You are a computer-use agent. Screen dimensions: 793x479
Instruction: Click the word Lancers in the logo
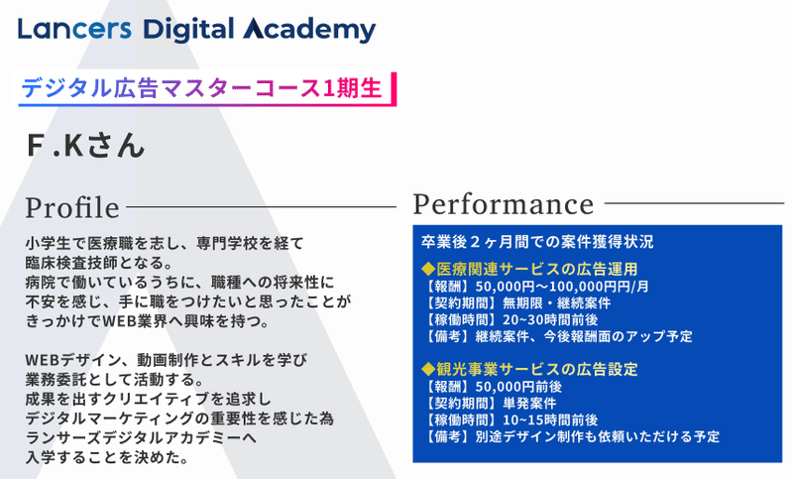(x=74, y=29)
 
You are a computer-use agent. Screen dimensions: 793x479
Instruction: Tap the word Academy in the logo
(x=309, y=30)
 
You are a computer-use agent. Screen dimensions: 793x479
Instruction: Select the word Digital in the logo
(x=188, y=30)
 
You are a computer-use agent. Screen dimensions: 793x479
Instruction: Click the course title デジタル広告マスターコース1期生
(x=201, y=88)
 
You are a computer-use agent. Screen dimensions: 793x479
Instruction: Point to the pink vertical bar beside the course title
(x=394, y=88)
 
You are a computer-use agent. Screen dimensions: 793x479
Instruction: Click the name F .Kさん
(x=85, y=145)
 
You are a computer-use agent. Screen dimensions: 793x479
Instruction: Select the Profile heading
(x=72, y=207)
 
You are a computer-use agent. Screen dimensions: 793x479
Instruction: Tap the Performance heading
(x=504, y=204)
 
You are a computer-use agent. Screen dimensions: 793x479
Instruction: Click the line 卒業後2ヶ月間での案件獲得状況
(x=537, y=242)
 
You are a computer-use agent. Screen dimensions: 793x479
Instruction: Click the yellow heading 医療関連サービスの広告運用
(x=529, y=269)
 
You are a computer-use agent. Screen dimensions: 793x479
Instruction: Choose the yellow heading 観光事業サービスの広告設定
(x=529, y=369)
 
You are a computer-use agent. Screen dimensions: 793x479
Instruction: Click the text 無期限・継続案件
(x=556, y=303)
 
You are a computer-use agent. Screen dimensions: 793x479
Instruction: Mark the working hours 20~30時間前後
(x=550, y=319)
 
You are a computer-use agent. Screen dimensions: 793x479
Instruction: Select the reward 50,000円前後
(x=518, y=387)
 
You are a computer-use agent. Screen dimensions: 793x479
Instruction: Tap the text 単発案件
(x=529, y=403)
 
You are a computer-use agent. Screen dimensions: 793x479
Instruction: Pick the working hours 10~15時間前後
(x=550, y=419)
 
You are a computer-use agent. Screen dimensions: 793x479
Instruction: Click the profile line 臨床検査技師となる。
(x=100, y=263)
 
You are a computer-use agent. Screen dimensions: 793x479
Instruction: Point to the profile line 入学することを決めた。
(x=107, y=457)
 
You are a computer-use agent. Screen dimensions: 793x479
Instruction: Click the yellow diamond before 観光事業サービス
(x=428, y=369)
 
